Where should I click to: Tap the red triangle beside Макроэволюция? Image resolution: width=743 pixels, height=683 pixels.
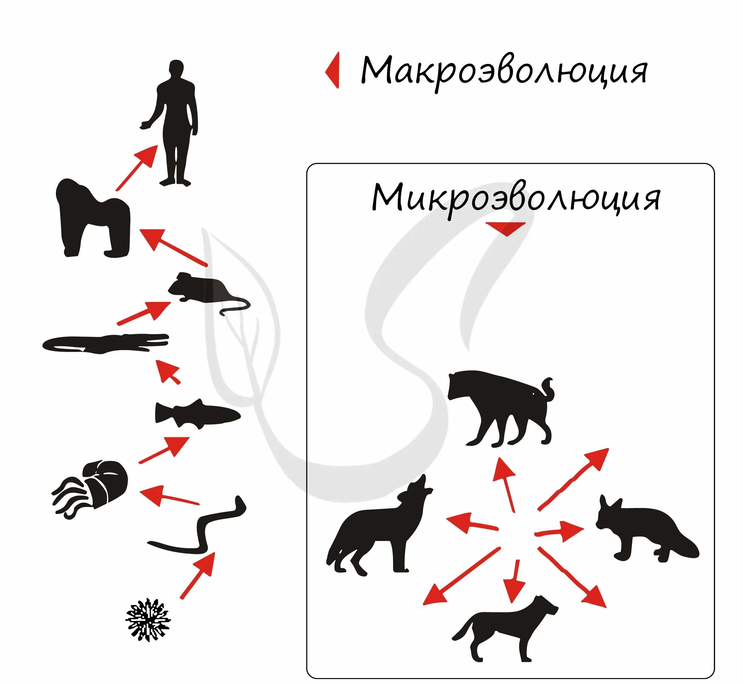click(x=333, y=70)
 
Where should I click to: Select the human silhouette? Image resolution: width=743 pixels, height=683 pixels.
click(x=175, y=122)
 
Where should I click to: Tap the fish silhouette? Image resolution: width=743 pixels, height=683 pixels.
click(x=196, y=414)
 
